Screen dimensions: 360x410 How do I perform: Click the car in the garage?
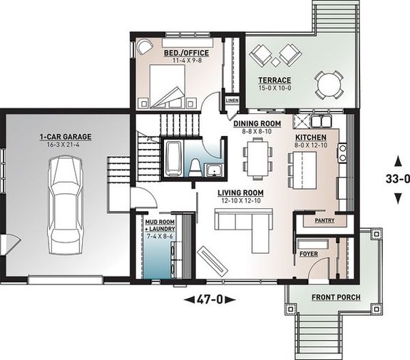click(x=65, y=202)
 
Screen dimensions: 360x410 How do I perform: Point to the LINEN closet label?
click(x=232, y=101)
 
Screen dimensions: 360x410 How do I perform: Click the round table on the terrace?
click(x=328, y=84)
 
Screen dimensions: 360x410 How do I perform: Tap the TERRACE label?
click(x=275, y=81)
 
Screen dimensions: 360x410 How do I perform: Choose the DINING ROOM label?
click(x=258, y=123)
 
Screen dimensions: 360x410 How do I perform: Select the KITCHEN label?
click(x=312, y=137)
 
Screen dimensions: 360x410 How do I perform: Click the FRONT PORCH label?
click(x=336, y=297)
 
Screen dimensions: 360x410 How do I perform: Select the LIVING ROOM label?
click(x=242, y=193)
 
